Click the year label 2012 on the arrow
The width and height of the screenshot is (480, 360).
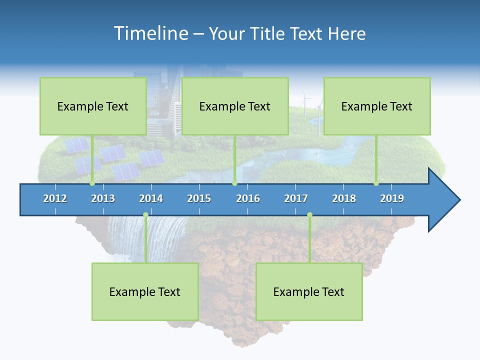[55, 198]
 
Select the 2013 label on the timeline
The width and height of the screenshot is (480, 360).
[103, 198]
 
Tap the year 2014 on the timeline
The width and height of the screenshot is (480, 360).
[151, 198]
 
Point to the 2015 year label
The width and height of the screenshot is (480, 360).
[199, 198]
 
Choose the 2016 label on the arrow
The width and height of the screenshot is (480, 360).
[248, 198]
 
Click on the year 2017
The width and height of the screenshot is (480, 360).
[296, 198]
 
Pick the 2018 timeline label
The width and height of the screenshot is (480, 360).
[344, 198]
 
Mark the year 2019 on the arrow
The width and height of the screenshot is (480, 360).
[392, 198]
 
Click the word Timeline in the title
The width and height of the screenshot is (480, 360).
[149, 33]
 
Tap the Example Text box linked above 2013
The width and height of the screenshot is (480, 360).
[93, 106]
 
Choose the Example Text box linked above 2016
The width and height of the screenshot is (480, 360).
[235, 106]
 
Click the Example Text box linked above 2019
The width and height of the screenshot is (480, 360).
[377, 106]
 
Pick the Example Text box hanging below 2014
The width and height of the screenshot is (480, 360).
[145, 291]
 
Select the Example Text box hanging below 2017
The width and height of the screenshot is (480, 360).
[309, 291]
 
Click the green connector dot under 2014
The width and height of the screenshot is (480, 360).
[145, 215]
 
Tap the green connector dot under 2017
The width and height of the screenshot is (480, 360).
[309, 215]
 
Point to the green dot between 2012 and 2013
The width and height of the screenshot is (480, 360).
[92, 183]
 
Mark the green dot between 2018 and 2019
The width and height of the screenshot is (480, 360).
[376, 183]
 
